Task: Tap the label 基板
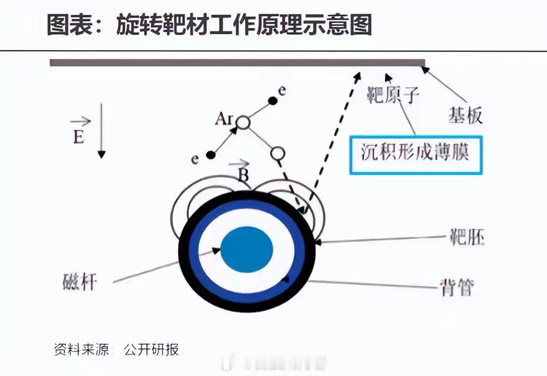pos(465,116)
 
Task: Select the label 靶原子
pos(393,94)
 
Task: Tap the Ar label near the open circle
pos(223,119)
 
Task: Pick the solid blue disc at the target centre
pos(247,248)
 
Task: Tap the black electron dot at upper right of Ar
pos(272,100)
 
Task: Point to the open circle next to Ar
pos(243,122)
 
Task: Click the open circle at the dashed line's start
pos(278,152)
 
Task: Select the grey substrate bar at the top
pos(237,63)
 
